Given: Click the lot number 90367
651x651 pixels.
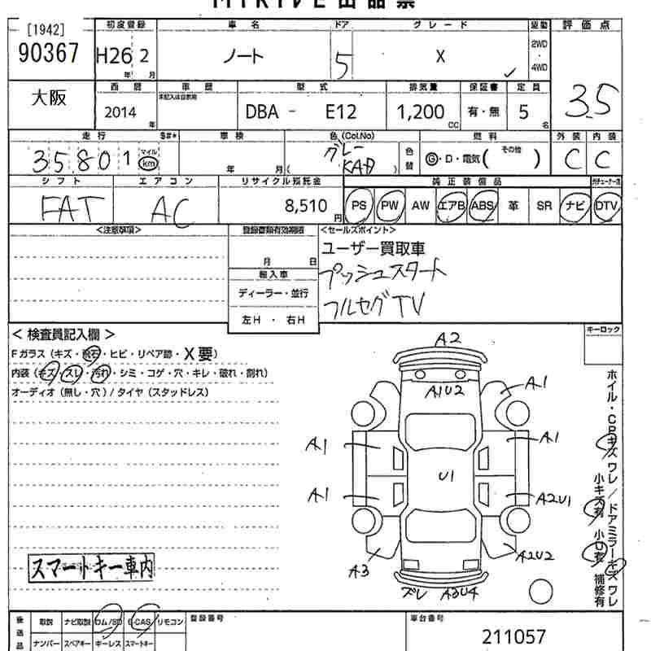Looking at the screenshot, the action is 48,54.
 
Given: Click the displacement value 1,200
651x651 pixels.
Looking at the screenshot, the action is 420,111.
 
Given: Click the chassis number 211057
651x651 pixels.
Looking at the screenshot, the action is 513,636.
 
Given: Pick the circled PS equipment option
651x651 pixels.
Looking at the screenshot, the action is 359,206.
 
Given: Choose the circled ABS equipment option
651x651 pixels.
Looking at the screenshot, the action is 483,206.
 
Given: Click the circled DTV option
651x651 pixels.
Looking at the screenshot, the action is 606,206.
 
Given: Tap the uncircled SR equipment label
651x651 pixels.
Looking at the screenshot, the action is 544,206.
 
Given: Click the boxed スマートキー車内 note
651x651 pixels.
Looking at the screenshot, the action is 91,566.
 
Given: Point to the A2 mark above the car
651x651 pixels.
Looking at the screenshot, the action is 447,338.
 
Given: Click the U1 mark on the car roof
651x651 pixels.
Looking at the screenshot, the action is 446,476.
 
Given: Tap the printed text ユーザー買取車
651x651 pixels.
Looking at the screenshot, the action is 374,249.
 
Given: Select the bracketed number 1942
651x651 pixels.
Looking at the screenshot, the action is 45,29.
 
